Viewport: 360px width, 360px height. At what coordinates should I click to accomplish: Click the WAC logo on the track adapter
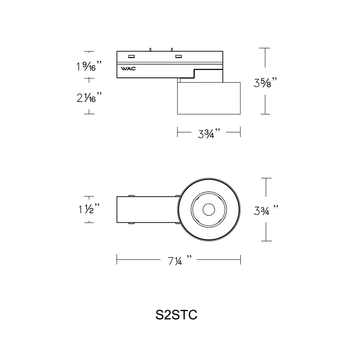coord(129,69)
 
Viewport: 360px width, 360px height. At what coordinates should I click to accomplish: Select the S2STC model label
coord(176,315)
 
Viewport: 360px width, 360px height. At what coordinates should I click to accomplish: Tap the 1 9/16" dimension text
coord(88,66)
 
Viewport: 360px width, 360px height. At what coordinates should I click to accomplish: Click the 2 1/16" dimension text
coord(88,98)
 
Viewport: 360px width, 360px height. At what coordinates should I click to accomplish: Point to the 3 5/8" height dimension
coord(265,82)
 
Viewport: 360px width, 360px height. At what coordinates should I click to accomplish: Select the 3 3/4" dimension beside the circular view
coord(265,210)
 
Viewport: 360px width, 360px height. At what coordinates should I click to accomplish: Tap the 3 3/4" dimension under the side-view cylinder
coord(209,133)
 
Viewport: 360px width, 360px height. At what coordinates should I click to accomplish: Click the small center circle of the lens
coord(209,210)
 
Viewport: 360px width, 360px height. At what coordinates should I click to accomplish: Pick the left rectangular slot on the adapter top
coord(131,57)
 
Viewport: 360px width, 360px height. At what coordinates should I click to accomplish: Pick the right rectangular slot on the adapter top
coord(178,57)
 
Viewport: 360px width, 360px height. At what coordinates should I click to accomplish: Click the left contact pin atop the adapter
coord(150,49)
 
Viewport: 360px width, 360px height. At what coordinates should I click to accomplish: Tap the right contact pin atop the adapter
coord(171,49)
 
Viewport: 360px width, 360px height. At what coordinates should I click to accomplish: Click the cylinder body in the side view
coord(209,98)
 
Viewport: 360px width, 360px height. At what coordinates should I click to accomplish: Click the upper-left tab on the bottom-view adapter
coord(131,195)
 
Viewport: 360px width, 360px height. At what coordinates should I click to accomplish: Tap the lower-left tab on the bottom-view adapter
coord(131,223)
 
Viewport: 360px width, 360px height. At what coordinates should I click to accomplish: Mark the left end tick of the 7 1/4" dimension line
coord(117,260)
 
